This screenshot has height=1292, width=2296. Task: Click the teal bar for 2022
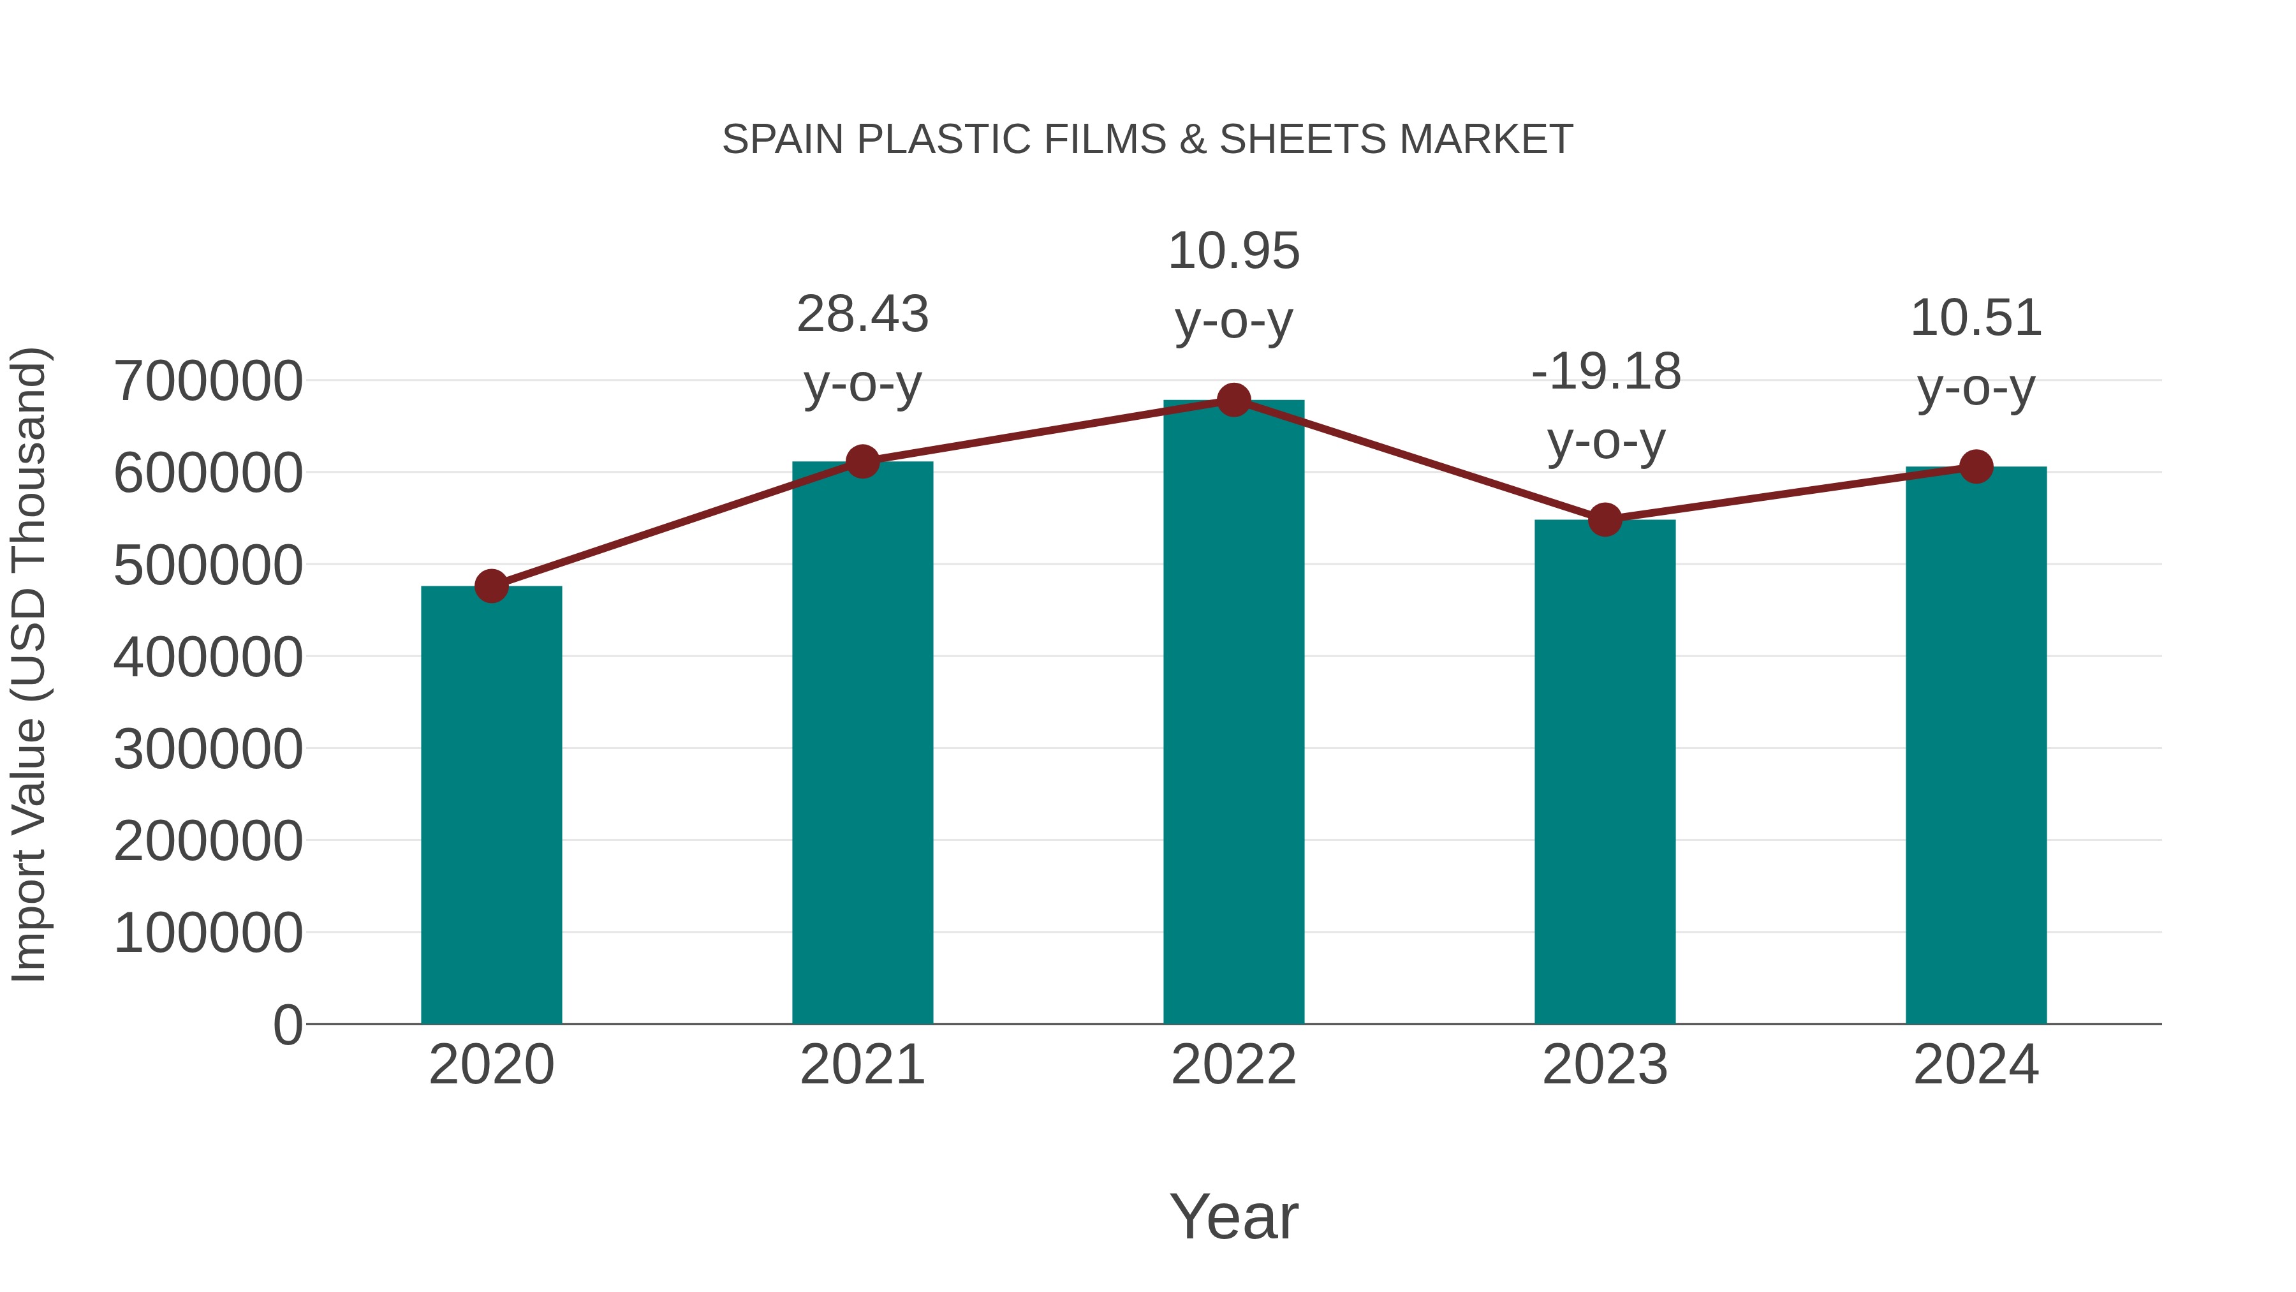[x=1233, y=713]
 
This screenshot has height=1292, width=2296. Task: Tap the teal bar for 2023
[x=1605, y=771]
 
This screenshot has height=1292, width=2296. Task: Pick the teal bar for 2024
[x=1976, y=745]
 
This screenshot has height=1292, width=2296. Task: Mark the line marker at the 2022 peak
[x=1233, y=400]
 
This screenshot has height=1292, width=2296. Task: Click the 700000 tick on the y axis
[x=208, y=381]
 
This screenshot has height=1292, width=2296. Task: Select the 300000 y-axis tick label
[x=208, y=749]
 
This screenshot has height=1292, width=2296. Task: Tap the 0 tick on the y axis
[x=287, y=1025]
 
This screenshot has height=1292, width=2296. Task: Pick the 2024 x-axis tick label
[x=1976, y=1065]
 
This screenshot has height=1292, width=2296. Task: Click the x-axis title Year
[x=1233, y=1216]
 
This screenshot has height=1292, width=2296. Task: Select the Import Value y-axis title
[x=29, y=664]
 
